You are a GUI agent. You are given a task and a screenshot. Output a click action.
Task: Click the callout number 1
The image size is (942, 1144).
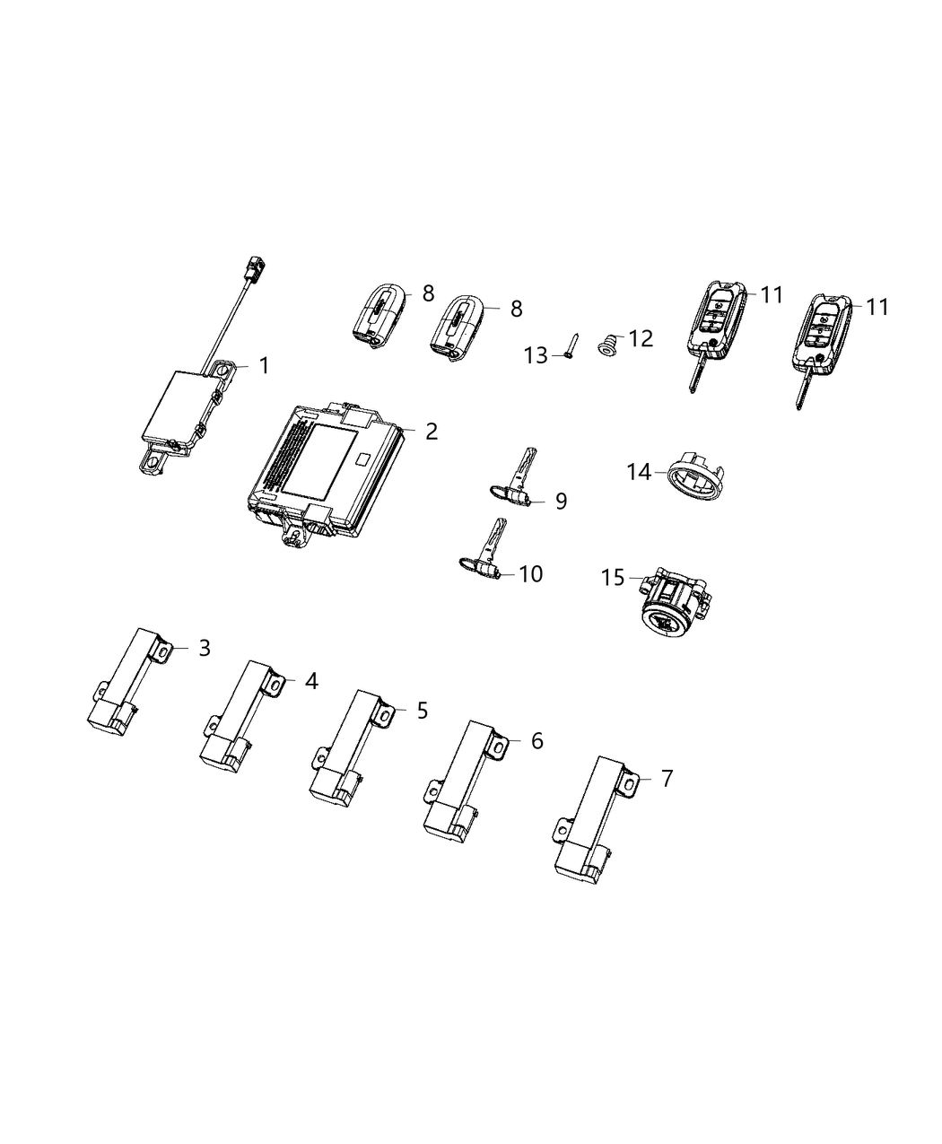point(264,365)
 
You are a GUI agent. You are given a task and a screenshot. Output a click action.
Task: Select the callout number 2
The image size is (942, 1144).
point(431,432)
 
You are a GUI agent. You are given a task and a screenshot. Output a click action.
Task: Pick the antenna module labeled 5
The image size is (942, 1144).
point(351,744)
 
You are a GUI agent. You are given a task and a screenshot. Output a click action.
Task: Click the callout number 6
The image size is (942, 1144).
point(536,741)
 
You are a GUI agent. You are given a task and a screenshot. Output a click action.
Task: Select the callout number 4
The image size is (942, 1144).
point(310,682)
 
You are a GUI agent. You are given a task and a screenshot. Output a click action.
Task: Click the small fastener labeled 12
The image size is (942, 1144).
point(608,345)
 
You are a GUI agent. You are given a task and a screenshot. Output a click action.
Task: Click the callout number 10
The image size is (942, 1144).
point(531,573)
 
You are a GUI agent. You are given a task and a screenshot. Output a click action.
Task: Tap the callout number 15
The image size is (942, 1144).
point(613,577)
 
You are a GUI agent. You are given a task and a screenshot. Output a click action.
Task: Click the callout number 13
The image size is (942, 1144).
point(536,356)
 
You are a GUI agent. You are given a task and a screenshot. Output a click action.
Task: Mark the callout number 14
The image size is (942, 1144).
point(639,471)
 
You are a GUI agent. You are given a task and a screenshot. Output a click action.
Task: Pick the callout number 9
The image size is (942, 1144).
point(561,501)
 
